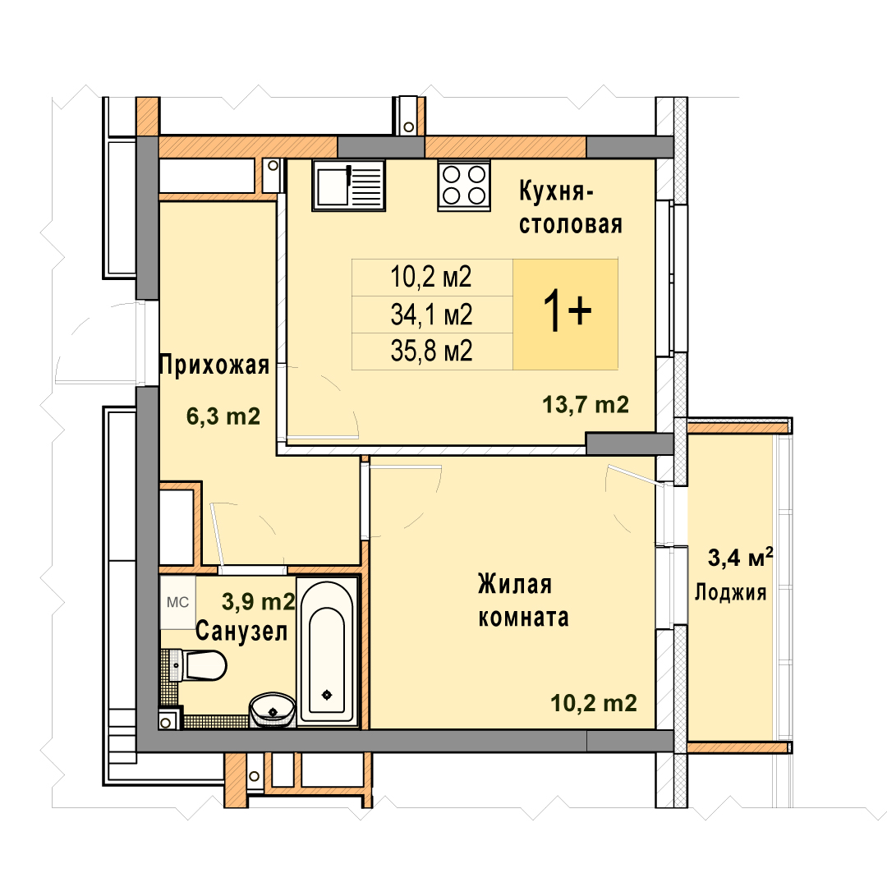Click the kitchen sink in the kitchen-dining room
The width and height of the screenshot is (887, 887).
[x=348, y=186]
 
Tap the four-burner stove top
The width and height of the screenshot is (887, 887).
[x=464, y=186]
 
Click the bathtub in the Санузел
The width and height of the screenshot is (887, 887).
[x=328, y=651]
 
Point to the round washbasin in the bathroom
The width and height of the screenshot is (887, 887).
[x=273, y=710]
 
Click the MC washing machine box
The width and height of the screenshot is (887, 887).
[x=177, y=603]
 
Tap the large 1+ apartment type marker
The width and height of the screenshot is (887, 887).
[x=567, y=312]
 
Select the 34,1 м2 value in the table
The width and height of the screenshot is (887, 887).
[x=431, y=315]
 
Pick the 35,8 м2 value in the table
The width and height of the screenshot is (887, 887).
[x=431, y=352]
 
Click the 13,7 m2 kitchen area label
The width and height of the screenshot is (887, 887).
[x=586, y=404]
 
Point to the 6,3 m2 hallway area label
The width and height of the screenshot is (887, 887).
[x=223, y=416]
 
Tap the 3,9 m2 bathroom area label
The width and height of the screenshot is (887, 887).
[x=259, y=601]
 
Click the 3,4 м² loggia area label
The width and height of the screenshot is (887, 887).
[x=741, y=558]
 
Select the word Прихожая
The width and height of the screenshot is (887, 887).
[x=214, y=365]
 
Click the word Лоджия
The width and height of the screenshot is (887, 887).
[x=730, y=593]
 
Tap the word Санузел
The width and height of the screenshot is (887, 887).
[x=241, y=631]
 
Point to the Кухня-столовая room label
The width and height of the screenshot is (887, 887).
[x=571, y=208]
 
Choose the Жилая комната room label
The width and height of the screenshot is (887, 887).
[x=523, y=600]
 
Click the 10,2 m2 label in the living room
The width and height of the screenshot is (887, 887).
[x=594, y=703]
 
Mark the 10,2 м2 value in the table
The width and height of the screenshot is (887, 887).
[x=431, y=278]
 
